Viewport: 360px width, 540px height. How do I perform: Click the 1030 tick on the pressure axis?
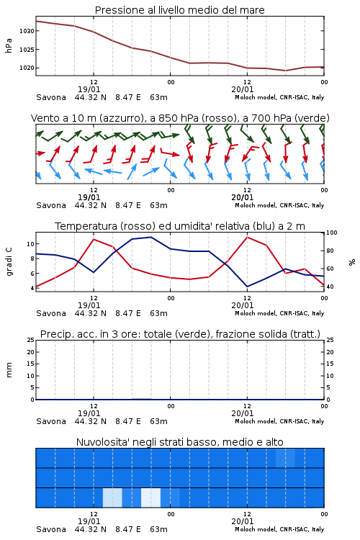pyautogui.click(x=27, y=31)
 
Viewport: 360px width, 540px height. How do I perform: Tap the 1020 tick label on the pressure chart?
pyautogui.click(x=27, y=68)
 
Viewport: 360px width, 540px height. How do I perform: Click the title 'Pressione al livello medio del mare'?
pyautogui.click(x=180, y=10)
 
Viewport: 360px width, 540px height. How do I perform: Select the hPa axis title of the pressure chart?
pyautogui.click(x=9, y=45)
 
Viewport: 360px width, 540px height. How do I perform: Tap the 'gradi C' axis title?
pyautogui.click(x=9, y=262)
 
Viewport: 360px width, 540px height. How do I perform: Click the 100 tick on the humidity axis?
pyautogui.click(x=332, y=233)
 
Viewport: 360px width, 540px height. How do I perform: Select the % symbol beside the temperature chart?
pyautogui.click(x=352, y=262)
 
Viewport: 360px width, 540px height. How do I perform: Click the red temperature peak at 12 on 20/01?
pyautogui.click(x=247, y=237)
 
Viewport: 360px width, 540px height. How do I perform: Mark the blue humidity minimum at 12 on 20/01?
pyautogui.click(x=247, y=287)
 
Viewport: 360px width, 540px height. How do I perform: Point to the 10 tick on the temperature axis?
pyautogui.click(x=30, y=244)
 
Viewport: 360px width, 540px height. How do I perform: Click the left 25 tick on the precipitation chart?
pyautogui.click(x=30, y=340)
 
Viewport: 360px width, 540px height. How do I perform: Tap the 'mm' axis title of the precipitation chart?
pyautogui.click(x=9, y=370)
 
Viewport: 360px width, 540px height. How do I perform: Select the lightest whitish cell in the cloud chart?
pyautogui.click(x=151, y=498)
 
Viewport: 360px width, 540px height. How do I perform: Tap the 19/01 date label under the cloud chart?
pyautogui.click(x=89, y=521)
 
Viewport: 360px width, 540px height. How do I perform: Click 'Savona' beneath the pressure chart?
pyautogui.click(x=51, y=97)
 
